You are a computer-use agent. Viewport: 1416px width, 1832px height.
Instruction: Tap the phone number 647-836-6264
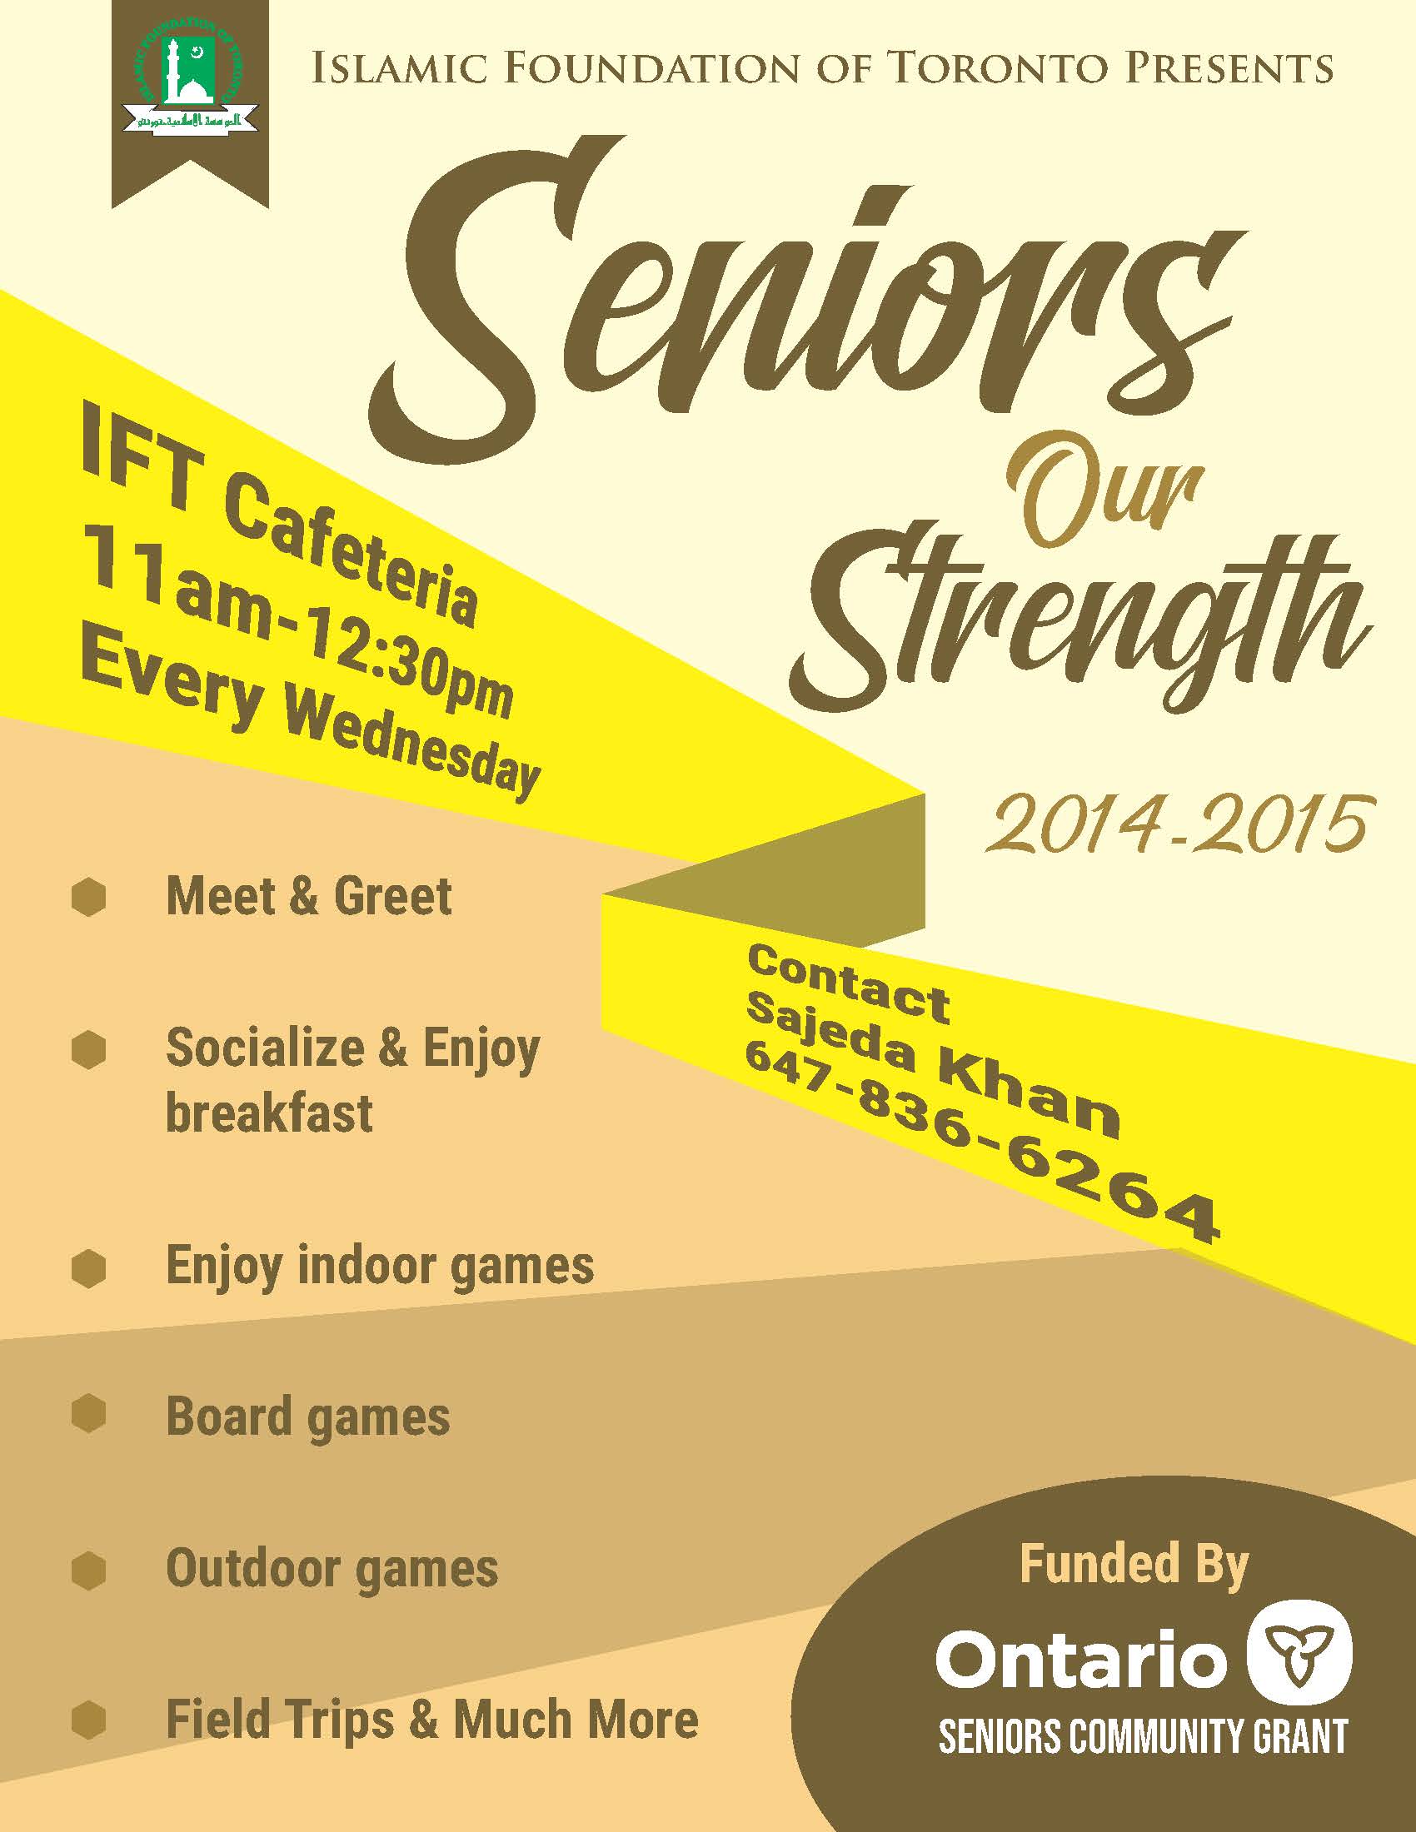tap(980, 1141)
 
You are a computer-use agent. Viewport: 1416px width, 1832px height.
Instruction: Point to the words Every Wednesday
tap(311, 722)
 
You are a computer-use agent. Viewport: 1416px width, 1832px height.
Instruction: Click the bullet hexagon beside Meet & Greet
tap(89, 898)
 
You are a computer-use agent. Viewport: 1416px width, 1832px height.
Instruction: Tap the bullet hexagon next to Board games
tap(89, 1414)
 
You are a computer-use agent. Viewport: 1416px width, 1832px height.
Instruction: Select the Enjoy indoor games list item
tap(380, 1266)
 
